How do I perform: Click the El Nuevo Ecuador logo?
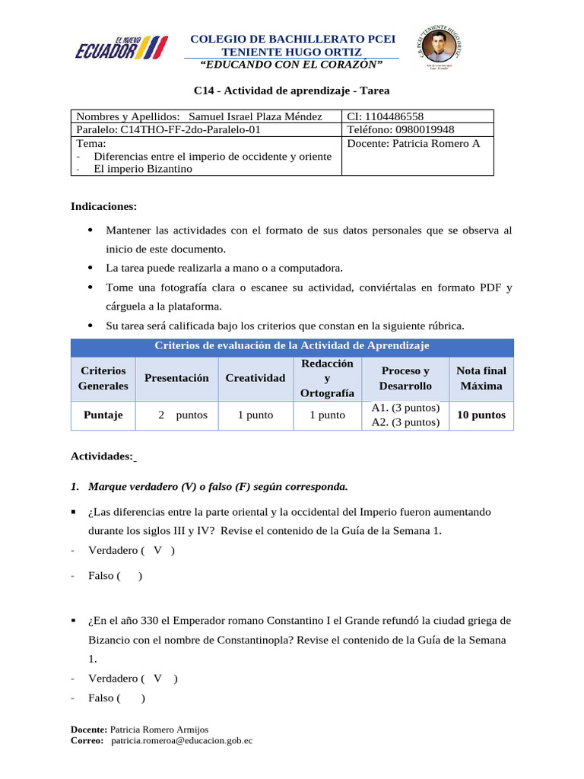tap(120, 47)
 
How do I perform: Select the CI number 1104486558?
tap(396, 116)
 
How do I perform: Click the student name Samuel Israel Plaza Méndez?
tap(255, 116)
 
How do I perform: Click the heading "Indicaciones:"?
tap(104, 206)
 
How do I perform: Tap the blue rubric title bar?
tap(292, 346)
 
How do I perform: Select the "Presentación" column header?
tap(176, 377)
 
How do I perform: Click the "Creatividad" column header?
tap(255, 377)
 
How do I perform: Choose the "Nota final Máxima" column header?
tap(481, 377)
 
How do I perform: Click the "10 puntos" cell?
tap(481, 415)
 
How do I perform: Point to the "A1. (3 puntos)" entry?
tap(405, 408)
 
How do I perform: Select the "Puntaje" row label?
tap(103, 415)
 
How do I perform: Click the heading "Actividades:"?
tap(102, 456)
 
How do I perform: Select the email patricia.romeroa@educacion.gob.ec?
tap(182, 739)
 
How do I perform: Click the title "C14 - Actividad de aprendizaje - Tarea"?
tap(291, 91)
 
